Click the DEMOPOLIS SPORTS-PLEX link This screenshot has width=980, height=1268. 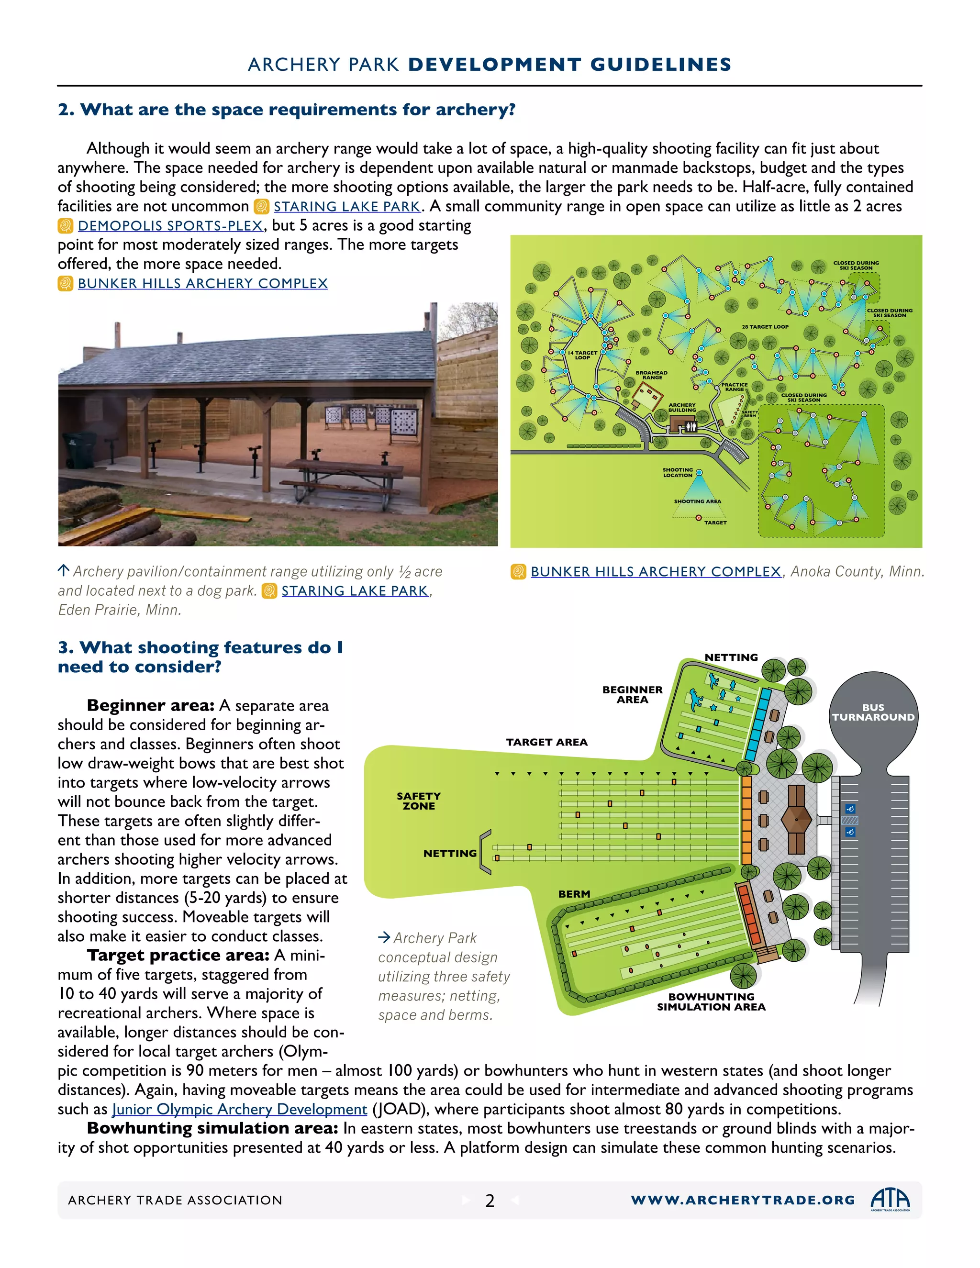(170, 225)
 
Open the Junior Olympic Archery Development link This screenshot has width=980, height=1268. (239, 1109)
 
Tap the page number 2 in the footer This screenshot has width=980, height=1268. (490, 1201)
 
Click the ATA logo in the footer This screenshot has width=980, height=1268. (890, 1199)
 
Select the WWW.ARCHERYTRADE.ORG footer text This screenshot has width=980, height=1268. (743, 1200)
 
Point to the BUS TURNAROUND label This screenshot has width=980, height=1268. (873, 712)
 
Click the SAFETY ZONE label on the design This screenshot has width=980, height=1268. (419, 801)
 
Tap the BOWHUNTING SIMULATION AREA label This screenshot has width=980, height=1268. (711, 1001)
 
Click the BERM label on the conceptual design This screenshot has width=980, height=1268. (574, 894)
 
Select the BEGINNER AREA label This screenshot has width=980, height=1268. (632, 694)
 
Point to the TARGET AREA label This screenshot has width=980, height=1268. (546, 742)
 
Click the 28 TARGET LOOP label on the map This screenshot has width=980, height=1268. (765, 327)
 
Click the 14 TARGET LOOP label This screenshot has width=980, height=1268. (582, 355)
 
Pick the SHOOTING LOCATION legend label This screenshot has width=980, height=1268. (678, 473)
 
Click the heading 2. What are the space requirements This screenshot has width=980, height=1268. (286, 109)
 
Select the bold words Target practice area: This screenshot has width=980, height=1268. (178, 955)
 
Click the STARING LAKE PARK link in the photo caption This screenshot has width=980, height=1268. (355, 591)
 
